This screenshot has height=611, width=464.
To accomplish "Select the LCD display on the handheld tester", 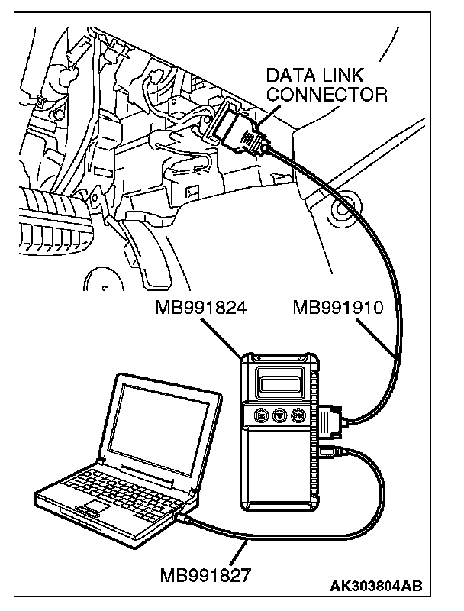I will coord(275,381).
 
